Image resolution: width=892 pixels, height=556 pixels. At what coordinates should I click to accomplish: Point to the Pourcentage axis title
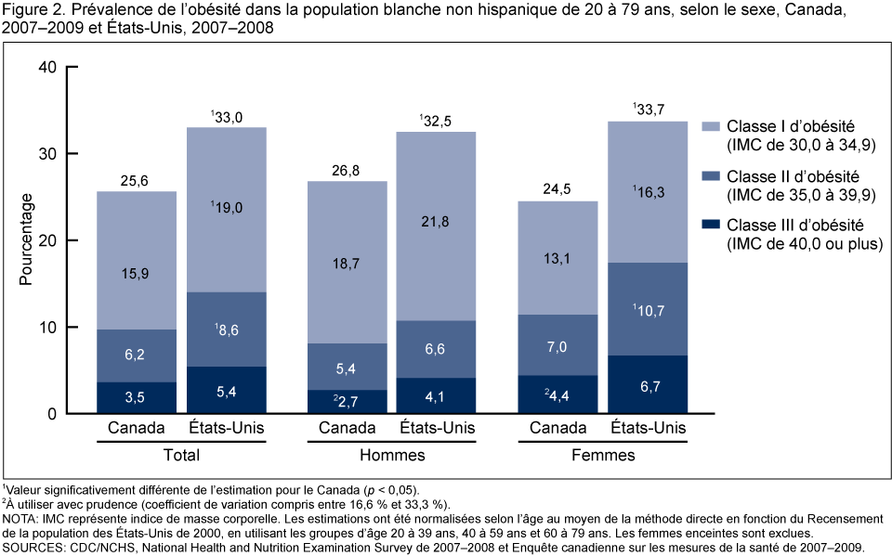tap(27, 239)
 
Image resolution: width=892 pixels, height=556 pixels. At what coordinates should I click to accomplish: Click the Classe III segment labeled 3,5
tap(137, 398)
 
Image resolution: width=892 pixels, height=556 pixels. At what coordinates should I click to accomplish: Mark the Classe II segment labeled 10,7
tap(648, 308)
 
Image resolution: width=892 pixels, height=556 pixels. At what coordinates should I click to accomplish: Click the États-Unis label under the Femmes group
tap(648, 428)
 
